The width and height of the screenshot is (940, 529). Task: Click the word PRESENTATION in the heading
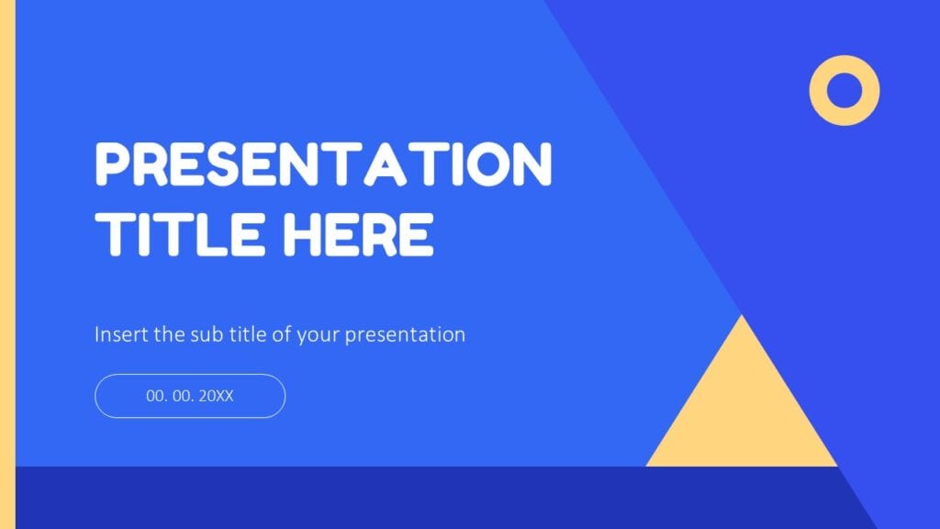point(323,165)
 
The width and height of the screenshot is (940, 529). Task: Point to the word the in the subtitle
point(168,334)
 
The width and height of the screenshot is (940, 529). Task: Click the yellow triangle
point(742,413)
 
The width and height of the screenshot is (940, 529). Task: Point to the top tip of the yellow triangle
point(742,316)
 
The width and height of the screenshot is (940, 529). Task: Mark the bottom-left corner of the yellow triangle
point(648,465)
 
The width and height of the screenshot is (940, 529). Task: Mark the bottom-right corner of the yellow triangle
point(835,465)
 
